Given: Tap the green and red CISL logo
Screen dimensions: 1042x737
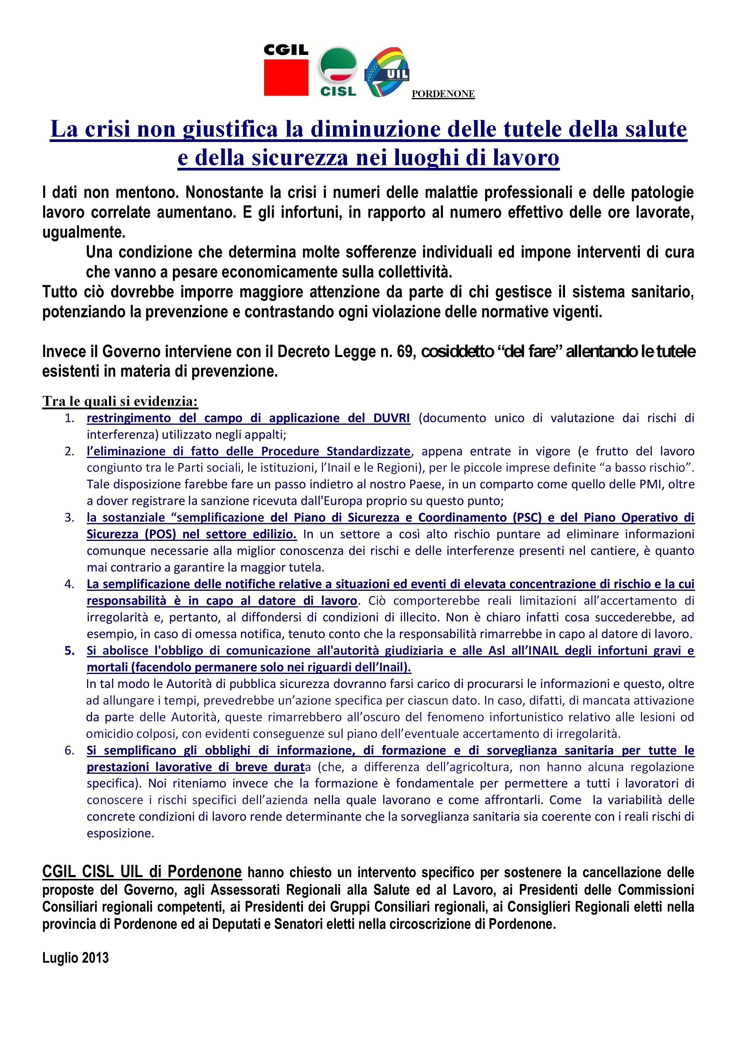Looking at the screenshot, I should tap(338, 72).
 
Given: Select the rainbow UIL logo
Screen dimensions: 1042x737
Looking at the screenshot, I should tap(387, 72).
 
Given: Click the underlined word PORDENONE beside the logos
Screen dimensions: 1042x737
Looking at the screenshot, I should tap(443, 94).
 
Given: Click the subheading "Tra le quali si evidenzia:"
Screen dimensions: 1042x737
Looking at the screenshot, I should tap(120, 401).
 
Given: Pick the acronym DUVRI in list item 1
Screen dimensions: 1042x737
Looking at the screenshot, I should tap(392, 418).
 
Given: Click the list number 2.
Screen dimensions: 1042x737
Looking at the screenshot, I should tap(70, 451).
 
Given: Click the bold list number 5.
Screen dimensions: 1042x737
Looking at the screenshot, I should tap(70, 651).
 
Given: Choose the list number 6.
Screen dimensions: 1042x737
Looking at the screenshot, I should tap(70, 751).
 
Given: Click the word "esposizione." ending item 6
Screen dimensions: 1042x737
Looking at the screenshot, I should tap(121, 834).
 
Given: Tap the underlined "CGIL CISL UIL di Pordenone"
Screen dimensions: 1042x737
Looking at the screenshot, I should tap(142, 872).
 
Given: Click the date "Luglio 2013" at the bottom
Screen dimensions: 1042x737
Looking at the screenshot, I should tap(76, 958).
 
